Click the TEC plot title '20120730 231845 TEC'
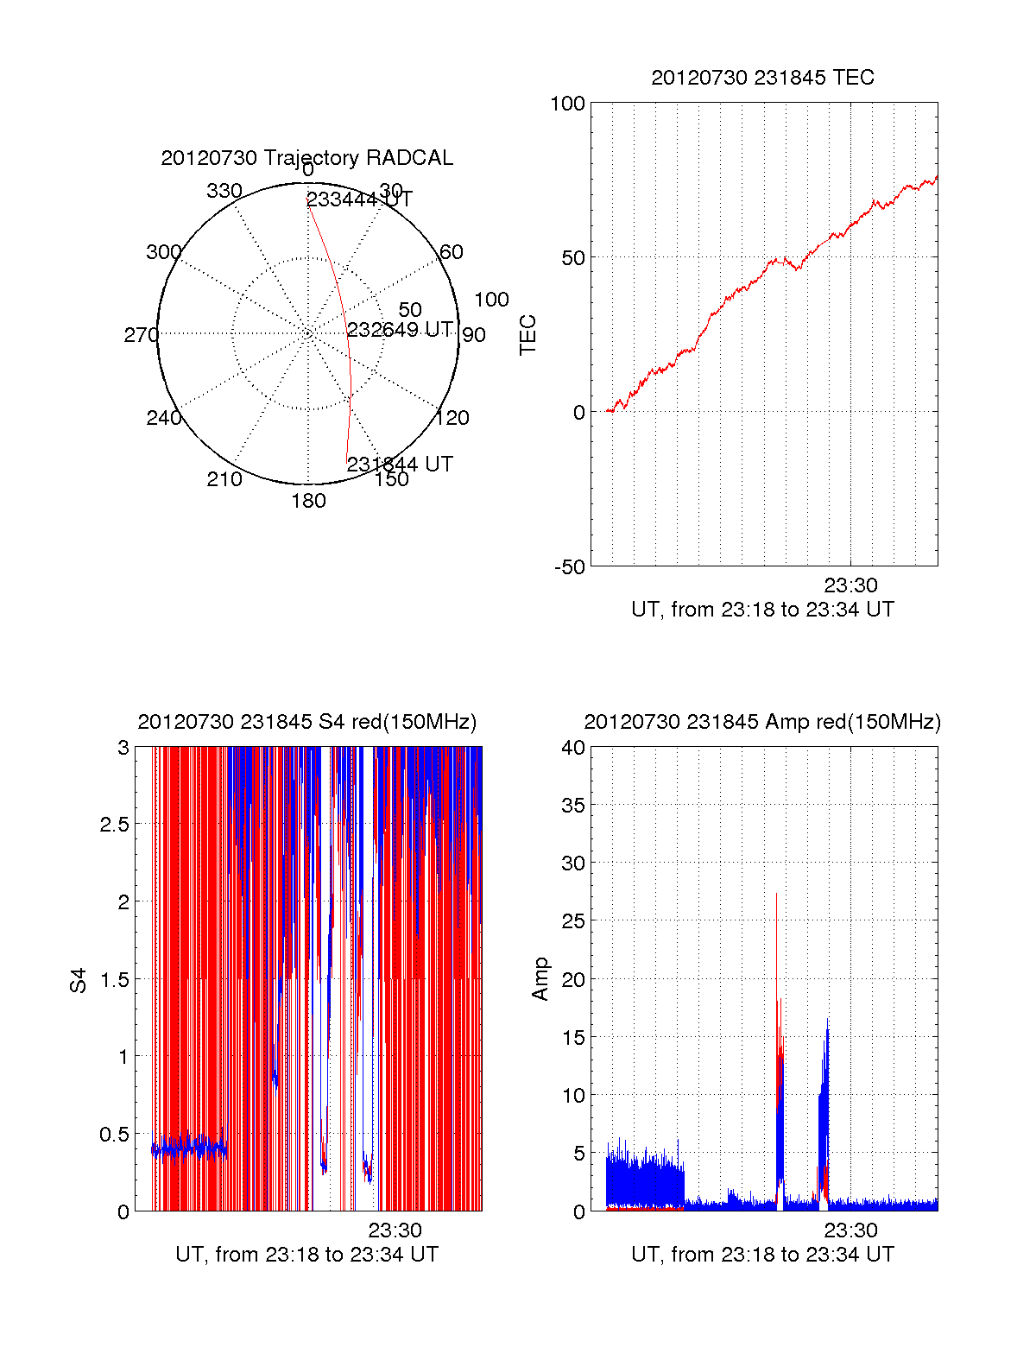click(x=762, y=78)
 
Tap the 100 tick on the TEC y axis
click(x=567, y=104)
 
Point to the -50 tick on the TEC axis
click(x=569, y=567)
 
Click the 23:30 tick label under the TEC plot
click(x=850, y=585)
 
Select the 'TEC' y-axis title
click(x=527, y=335)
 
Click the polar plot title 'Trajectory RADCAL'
click(x=306, y=158)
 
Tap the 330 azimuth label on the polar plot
click(x=224, y=191)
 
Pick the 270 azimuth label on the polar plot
click(x=141, y=335)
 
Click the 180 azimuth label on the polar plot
click(x=308, y=501)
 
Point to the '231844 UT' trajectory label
click(x=400, y=464)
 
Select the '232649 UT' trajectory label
click(x=400, y=329)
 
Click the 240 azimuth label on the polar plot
click(x=163, y=418)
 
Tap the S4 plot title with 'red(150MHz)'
click(x=306, y=722)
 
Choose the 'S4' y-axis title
click(x=79, y=980)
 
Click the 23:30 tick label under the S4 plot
click(x=395, y=1230)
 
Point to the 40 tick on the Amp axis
click(x=573, y=748)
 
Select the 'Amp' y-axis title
click(x=540, y=979)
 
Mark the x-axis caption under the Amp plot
click(x=762, y=1255)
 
